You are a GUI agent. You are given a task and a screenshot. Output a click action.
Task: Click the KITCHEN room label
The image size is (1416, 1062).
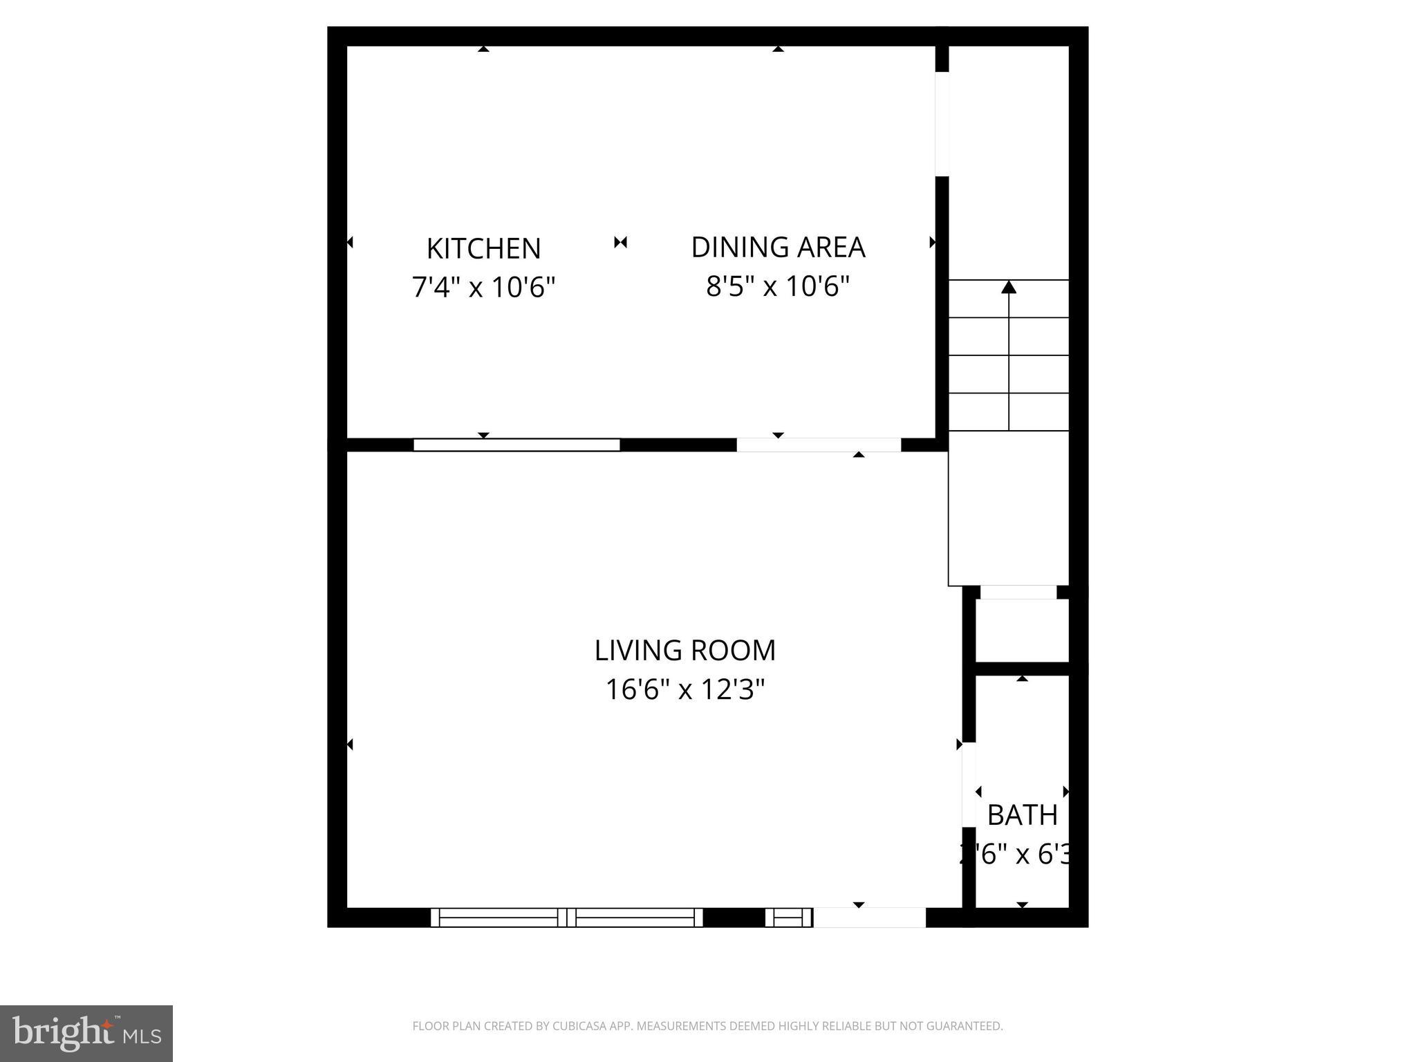(483, 249)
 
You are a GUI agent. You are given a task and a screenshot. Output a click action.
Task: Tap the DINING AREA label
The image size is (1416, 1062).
(778, 248)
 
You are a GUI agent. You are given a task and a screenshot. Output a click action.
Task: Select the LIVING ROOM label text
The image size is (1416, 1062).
(684, 650)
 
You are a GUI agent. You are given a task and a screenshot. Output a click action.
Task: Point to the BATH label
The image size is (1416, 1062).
(1022, 815)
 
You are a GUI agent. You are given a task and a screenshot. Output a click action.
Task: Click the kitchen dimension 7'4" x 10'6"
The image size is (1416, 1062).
(483, 286)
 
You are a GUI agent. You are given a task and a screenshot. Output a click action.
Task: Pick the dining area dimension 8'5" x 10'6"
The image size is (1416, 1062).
(778, 285)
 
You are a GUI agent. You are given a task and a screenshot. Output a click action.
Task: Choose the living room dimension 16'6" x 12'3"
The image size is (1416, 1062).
(684, 689)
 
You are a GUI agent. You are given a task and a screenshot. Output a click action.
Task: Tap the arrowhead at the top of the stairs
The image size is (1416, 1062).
(1009, 286)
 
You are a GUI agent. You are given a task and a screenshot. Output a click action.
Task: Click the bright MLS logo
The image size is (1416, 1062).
(86, 1033)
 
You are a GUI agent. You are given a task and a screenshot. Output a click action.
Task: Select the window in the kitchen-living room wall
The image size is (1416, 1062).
(516, 445)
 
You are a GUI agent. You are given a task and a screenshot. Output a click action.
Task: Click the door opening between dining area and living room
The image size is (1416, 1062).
(819, 445)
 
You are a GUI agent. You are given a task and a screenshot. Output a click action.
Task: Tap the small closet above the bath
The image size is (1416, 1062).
(1022, 630)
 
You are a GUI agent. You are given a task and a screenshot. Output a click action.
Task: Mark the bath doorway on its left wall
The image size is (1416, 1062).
(969, 785)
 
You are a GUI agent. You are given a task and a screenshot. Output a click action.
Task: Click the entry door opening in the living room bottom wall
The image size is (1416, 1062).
(869, 917)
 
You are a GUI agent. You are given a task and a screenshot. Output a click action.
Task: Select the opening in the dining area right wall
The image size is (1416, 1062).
(942, 124)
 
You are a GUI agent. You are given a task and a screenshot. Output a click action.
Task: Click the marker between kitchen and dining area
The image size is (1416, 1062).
(620, 242)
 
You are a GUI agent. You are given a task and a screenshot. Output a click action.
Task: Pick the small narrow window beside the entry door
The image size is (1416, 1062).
(788, 917)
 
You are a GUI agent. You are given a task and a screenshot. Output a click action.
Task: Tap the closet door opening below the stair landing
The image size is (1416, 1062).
(1018, 593)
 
